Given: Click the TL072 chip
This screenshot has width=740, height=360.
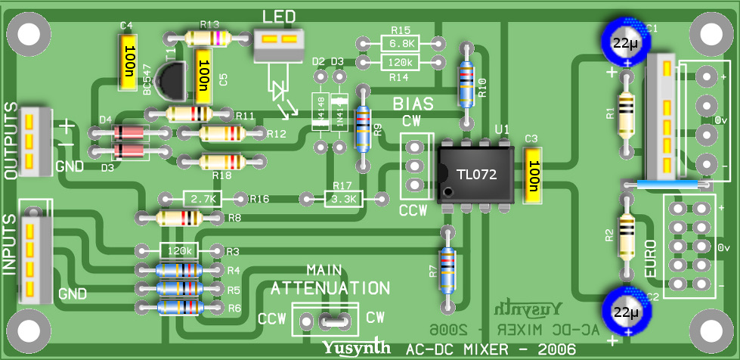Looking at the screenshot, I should (x=477, y=175).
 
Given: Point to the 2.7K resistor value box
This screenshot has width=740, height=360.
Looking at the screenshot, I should (x=203, y=199).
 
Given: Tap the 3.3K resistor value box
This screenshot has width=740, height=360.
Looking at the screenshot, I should (x=344, y=199).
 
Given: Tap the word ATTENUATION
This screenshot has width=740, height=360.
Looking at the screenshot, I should (x=330, y=288).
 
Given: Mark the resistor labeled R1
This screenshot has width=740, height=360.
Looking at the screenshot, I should (x=626, y=115).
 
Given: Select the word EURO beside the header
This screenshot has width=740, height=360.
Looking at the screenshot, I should (x=655, y=257).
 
